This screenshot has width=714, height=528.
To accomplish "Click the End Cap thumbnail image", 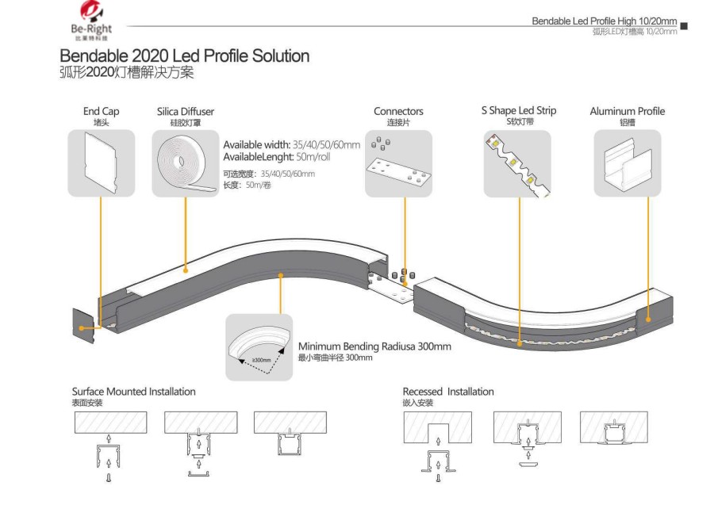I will (x=101, y=163).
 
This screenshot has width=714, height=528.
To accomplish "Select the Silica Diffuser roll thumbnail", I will (x=186, y=163).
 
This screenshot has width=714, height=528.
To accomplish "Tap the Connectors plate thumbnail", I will (x=398, y=163).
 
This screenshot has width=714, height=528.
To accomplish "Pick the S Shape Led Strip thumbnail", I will (x=520, y=163).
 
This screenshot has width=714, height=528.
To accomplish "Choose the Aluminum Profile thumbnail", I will (x=627, y=163).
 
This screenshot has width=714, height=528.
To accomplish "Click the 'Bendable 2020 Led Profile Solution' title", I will (x=184, y=56).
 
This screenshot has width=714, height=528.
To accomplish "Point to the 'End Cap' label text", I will (x=102, y=112).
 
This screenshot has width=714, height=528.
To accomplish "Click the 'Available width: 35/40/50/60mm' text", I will (x=291, y=145).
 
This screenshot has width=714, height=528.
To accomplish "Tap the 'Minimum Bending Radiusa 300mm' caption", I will (x=374, y=346).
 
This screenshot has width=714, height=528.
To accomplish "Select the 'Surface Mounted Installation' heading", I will (x=133, y=392).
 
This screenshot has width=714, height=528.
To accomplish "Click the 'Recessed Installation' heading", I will (x=448, y=392).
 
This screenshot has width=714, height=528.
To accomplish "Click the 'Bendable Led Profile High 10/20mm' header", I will (x=604, y=21).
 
